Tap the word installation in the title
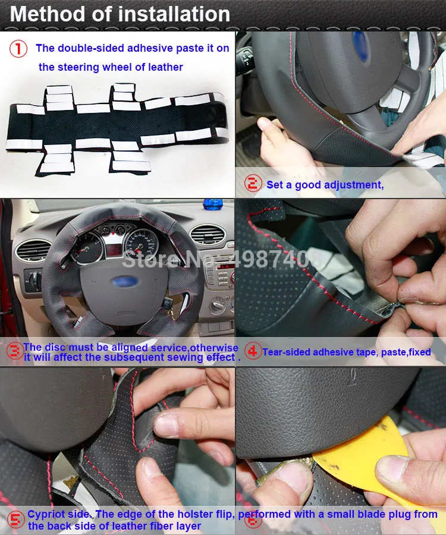(x=172, y=14)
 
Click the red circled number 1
(x=18, y=49)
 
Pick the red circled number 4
(x=253, y=351)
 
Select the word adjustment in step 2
(x=350, y=185)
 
